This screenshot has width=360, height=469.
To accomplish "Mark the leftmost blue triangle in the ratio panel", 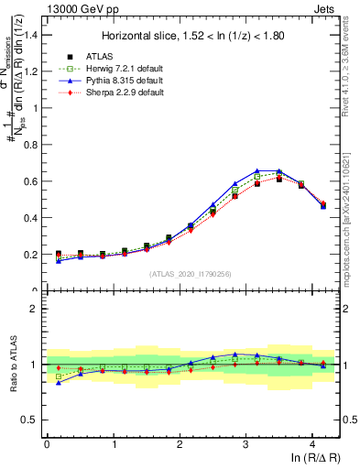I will coord(59,383).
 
